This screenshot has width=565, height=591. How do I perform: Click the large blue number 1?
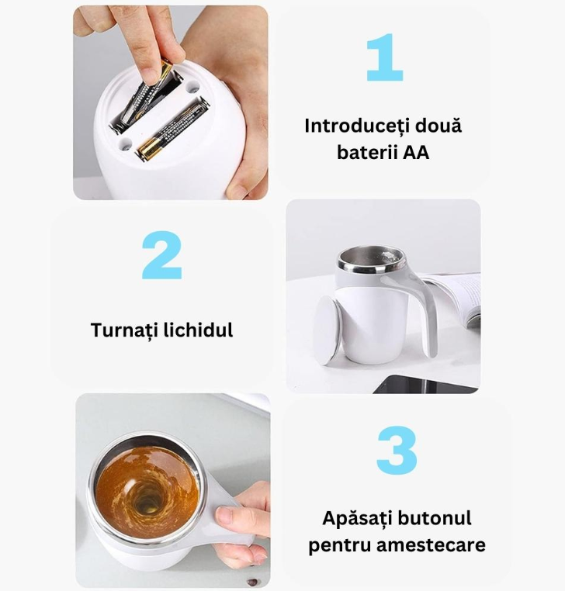click(386, 57)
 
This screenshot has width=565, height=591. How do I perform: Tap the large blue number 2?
click(162, 255)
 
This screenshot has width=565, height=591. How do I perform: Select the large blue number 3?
click(397, 450)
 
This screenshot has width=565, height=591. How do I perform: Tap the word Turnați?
click(124, 330)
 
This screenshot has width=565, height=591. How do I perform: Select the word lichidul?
click(198, 330)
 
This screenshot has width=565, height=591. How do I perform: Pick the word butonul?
click(434, 518)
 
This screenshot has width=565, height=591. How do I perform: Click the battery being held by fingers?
click(144, 94)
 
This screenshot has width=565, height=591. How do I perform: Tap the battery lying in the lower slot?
click(172, 129)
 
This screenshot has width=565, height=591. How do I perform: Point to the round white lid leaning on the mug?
click(327, 330)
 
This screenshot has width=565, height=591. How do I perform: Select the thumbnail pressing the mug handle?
click(224, 514)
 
